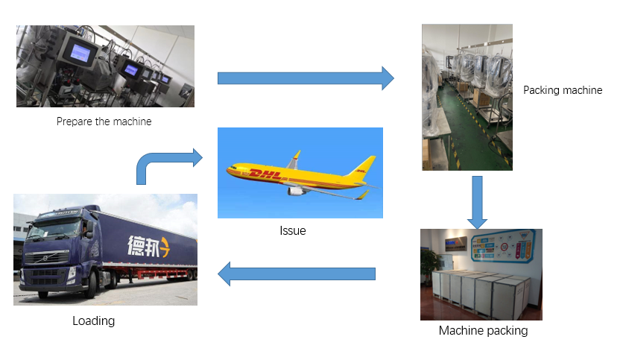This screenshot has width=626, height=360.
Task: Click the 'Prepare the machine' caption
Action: click(104, 121)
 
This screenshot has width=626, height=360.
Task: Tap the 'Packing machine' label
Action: click(562, 90)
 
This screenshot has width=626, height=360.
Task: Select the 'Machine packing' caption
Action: click(483, 330)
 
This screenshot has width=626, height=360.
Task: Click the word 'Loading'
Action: click(93, 321)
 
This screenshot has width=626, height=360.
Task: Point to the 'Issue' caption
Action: click(292, 230)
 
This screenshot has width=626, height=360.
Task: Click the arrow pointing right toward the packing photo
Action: click(306, 78)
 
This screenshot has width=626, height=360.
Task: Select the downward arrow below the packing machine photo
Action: click(477, 200)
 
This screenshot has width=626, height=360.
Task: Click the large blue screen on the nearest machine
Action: click(78, 51)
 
